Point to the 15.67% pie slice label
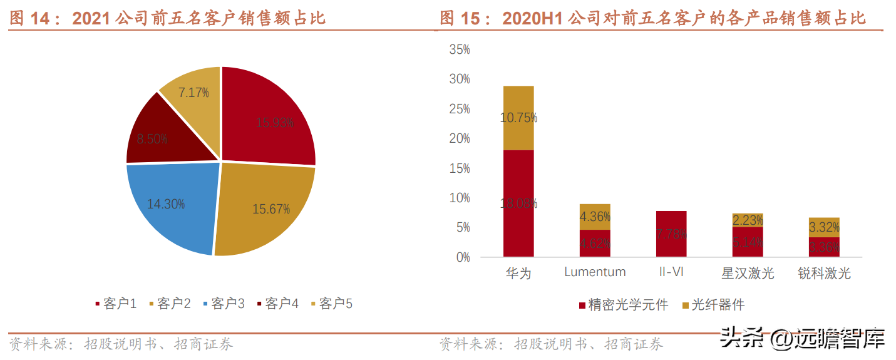coord(271,209)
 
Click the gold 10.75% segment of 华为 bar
coord(518,118)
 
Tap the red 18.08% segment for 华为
coord(518,203)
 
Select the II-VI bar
coord(671,234)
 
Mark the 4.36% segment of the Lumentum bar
coord(595,217)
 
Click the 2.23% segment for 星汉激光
coord(748,220)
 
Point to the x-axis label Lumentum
coord(595,272)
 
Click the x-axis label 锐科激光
coord(824,273)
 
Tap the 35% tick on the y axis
coord(460,49)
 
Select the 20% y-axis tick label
coord(460,138)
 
